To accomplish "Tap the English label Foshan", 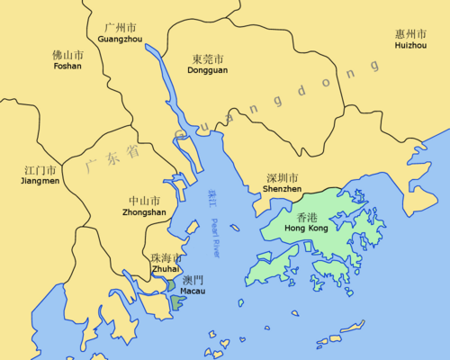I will point(67,66).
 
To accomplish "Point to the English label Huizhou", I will point(412,46).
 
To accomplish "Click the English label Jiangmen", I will point(39,181).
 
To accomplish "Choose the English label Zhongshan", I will point(143,212).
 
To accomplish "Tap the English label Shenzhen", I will point(283,189).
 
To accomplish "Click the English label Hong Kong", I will point(305,229).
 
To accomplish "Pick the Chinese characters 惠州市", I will point(412,34).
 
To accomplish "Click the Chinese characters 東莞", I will point(203,59).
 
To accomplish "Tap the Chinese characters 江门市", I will point(39,169).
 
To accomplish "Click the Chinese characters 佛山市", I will point(67,54).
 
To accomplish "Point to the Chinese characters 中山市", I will point(144,201).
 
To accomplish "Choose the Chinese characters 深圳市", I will point(283,177).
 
